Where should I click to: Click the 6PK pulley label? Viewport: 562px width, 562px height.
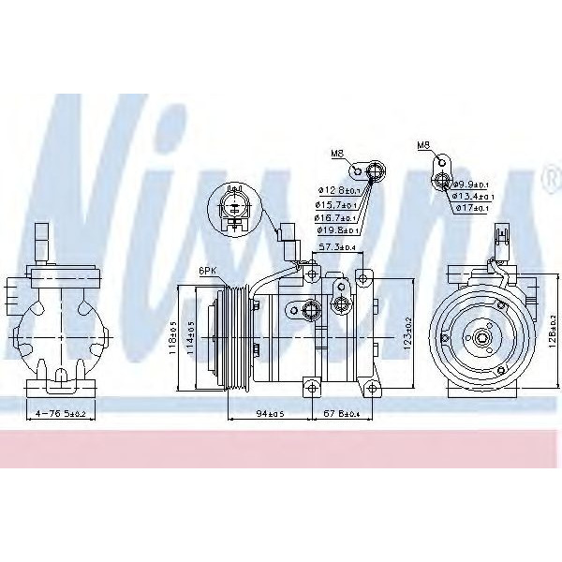pos(209,271)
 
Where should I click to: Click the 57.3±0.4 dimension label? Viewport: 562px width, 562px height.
pos(337,247)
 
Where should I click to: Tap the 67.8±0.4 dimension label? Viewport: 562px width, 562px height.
pos(343,412)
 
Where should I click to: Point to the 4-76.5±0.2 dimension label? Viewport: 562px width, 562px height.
pos(62,412)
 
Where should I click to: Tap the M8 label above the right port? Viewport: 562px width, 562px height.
pos(423,146)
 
